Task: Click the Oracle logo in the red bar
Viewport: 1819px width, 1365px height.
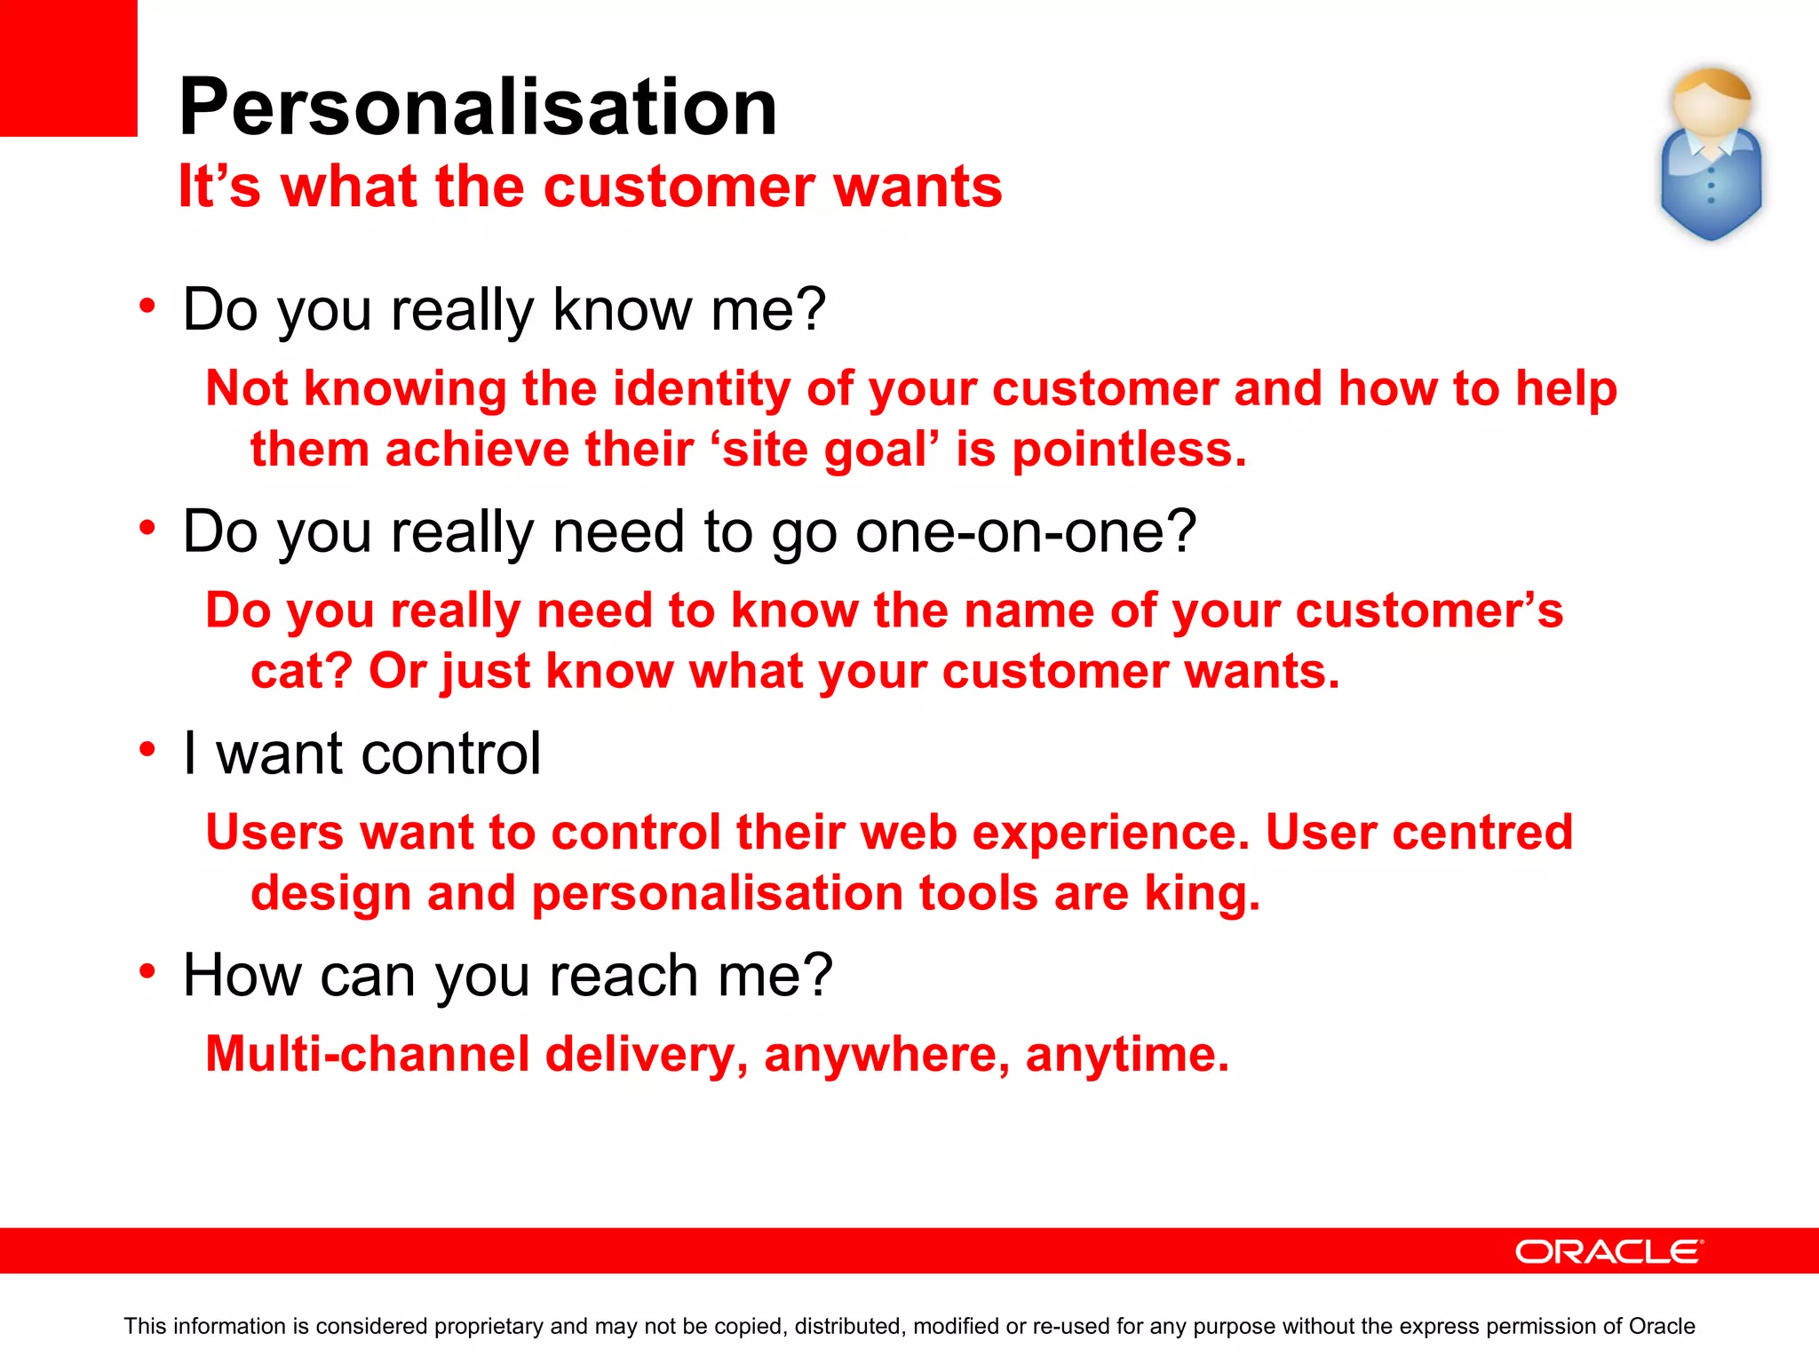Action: pos(1609,1251)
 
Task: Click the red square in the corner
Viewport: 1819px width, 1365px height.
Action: pos(68,68)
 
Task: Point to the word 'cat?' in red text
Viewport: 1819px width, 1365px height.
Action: pos(301,671)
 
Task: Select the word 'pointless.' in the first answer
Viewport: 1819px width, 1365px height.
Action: pos(1129,450)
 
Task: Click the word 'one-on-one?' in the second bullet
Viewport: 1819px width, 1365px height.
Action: pos(1026,531)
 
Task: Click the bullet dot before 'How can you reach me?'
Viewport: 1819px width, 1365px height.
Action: pos(147,971)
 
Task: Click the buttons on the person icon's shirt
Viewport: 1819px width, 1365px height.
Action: pos(1711,187)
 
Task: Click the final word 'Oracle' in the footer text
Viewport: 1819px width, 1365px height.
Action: pos(1661,1326)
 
